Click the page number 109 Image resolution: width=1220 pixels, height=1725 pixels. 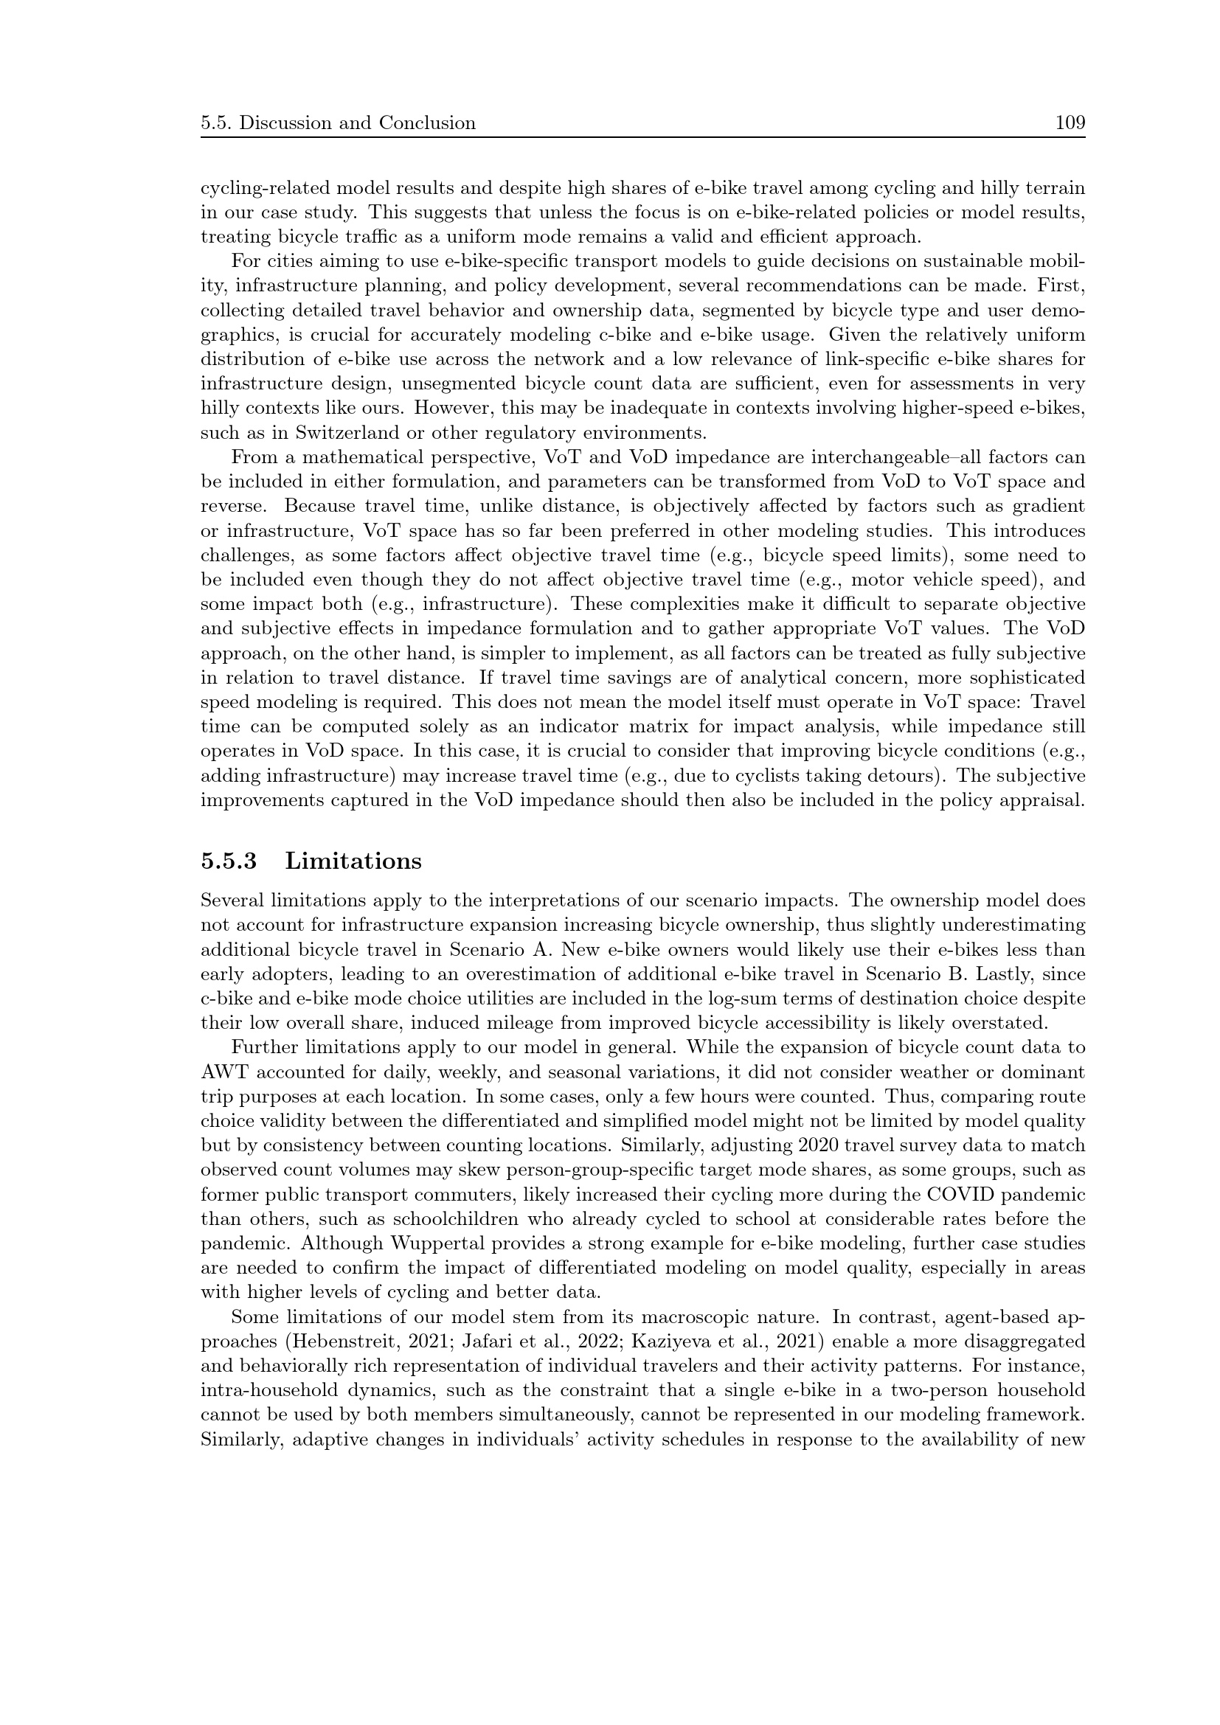[x=1070, y=122]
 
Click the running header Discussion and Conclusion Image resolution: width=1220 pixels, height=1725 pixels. [x=357, y=122]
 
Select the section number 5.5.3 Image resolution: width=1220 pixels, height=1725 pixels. [x=229, y=861]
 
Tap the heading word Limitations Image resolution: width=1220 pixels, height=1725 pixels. [x=353, y=861]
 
